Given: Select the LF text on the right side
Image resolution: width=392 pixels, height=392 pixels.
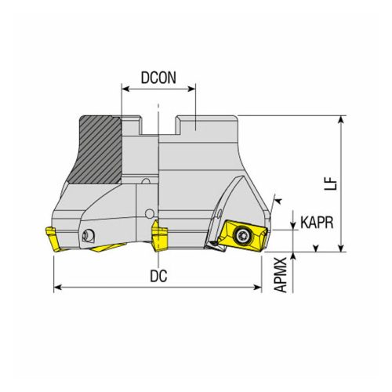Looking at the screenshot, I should pos(332,183).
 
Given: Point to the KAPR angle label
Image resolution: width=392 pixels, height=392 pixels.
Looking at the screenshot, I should pos(317,222).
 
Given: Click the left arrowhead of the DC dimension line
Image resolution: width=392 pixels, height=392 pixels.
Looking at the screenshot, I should pos(56,289).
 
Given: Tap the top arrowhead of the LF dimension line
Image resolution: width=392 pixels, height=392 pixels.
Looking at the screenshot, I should pos(341,120).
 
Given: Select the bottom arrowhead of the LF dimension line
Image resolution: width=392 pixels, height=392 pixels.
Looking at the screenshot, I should pos(341,249).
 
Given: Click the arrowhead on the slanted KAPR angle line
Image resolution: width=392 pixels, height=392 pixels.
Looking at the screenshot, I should pos(275,202).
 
